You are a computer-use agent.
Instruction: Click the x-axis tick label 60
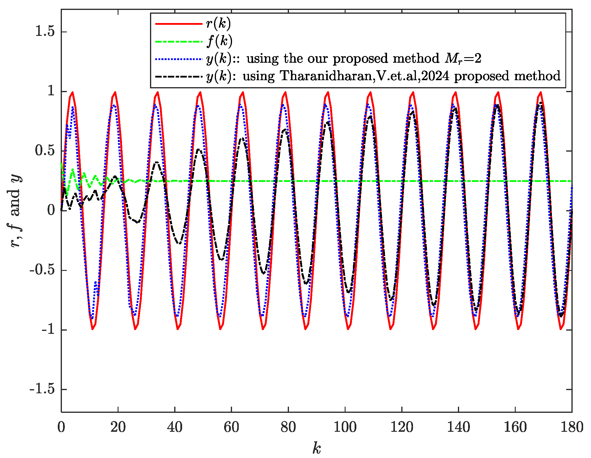coord(231,427)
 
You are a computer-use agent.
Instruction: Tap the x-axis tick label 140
coord(458,427)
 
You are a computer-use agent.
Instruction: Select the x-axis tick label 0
coord(61,427)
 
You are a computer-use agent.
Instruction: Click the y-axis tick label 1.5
coord(45,31)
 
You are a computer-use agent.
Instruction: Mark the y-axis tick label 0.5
coord(45,151)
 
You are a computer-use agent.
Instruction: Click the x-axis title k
coord(317,448)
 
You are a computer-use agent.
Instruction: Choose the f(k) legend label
coord(219,41)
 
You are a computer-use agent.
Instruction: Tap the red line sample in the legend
coord(179,24)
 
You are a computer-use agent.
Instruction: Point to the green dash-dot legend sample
coord(179,41)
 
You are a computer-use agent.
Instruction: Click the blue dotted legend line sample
coord(179,59)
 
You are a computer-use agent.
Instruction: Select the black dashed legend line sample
coord(179,76)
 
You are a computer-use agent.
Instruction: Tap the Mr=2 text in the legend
coord(463,59)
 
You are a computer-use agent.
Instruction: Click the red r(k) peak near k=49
coord(200,92)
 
